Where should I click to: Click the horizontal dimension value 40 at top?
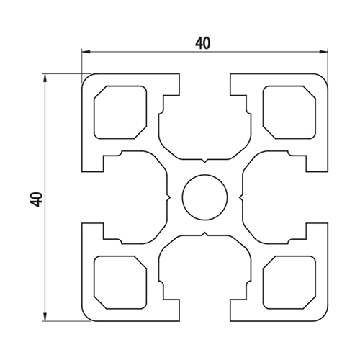click(203, 43)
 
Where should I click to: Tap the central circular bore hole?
click(204, 197)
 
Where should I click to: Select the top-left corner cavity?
click(120, 112)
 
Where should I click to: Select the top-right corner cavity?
click(289, 112)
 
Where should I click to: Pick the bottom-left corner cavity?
click(120, 282)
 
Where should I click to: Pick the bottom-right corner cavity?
click(289, 282)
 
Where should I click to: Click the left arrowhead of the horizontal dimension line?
click(86, 52)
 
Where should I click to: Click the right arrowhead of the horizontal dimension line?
click(324, 52)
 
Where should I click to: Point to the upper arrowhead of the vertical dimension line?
click(45, 78)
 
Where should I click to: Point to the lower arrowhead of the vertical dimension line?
click(45, 317)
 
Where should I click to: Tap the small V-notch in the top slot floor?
click(204, 161)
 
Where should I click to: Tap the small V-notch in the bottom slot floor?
click(204, 234)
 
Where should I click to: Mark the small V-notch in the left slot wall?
click(168, 197)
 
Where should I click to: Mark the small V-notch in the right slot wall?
click(241, 197)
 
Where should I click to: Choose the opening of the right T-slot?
click(317, 197)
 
